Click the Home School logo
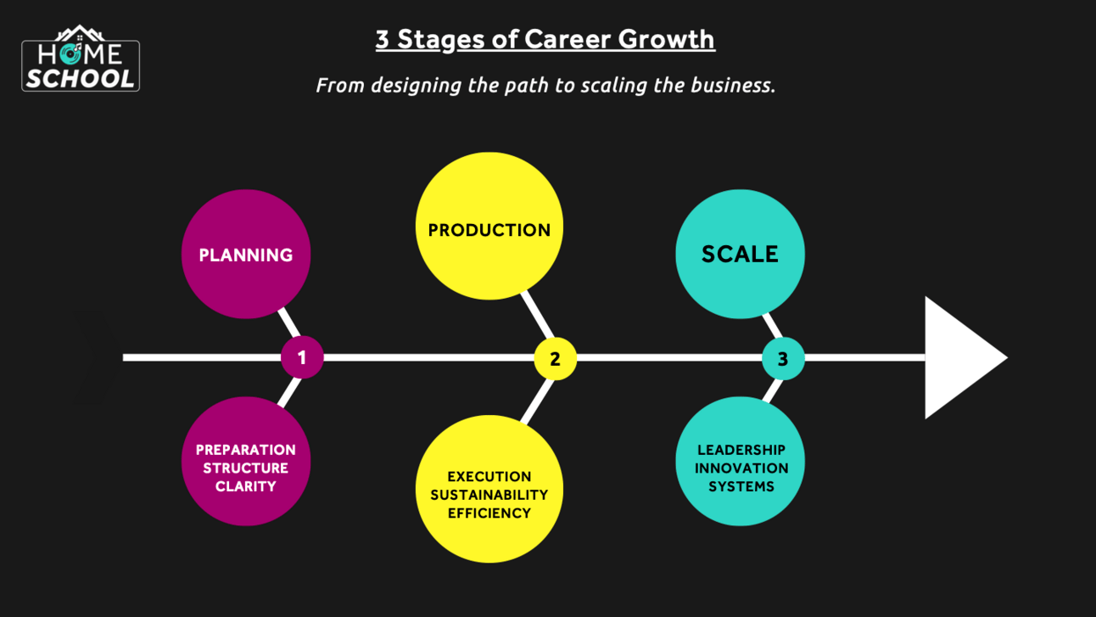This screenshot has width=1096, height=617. tap(81, 59)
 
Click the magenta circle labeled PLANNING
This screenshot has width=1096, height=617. tap(246, 255)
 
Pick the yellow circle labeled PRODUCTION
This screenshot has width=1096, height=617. tap(489, 227)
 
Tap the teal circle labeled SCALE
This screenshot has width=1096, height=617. tap(740, 254)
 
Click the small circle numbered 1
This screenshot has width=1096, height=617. tap(302, 358)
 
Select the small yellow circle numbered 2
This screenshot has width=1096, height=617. tap(555, 358)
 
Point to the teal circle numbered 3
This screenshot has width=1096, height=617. tap(782, 358)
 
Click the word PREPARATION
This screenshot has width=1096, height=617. tap(246, 450)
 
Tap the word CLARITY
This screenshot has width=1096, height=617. tap(246, 486)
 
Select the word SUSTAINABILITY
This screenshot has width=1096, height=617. tap(489, 495)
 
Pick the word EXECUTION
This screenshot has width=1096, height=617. tap(489, 476)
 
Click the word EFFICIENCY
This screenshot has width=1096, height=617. tap(489, 513)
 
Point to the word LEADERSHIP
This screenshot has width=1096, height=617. tap(741, 450)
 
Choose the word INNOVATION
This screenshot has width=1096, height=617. tap(741, 468)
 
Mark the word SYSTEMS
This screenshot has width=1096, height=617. tap(741, 486)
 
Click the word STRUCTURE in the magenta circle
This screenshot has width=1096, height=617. tap(246, 468)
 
